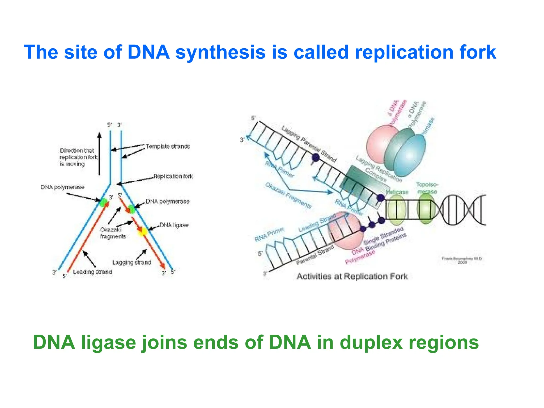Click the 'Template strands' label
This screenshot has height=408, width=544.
pyautogui.click(x=168, y=146)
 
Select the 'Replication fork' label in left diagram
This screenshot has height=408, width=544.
pyautogui.click(x=173, y=176)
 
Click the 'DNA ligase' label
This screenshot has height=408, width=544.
pyautogui.click(x=174, y=225)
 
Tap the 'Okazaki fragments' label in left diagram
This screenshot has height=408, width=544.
pyautogui.click(x=113, y=233)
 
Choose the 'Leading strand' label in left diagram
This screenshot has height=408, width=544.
pyautogui.click(x=92, y=272)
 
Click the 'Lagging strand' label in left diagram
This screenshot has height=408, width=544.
pyautogui.click(x=131, y=262)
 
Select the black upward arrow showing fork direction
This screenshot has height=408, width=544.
pyautogui.click(x=99, y=154)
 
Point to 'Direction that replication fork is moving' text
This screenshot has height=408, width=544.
pyautogui.click(x=78, y=157)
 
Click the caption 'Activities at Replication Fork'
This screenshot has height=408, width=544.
pyautogui.click(x=352, y=277)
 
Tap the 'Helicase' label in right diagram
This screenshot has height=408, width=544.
pyautogui.click(x=397, y=192)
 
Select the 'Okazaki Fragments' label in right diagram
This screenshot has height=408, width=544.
pyautogui.click(x=288, y=195)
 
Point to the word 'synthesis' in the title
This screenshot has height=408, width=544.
pyautogui.click(x=220, y=52)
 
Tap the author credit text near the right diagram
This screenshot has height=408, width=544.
pyautogui.click(x=462, y=260)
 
